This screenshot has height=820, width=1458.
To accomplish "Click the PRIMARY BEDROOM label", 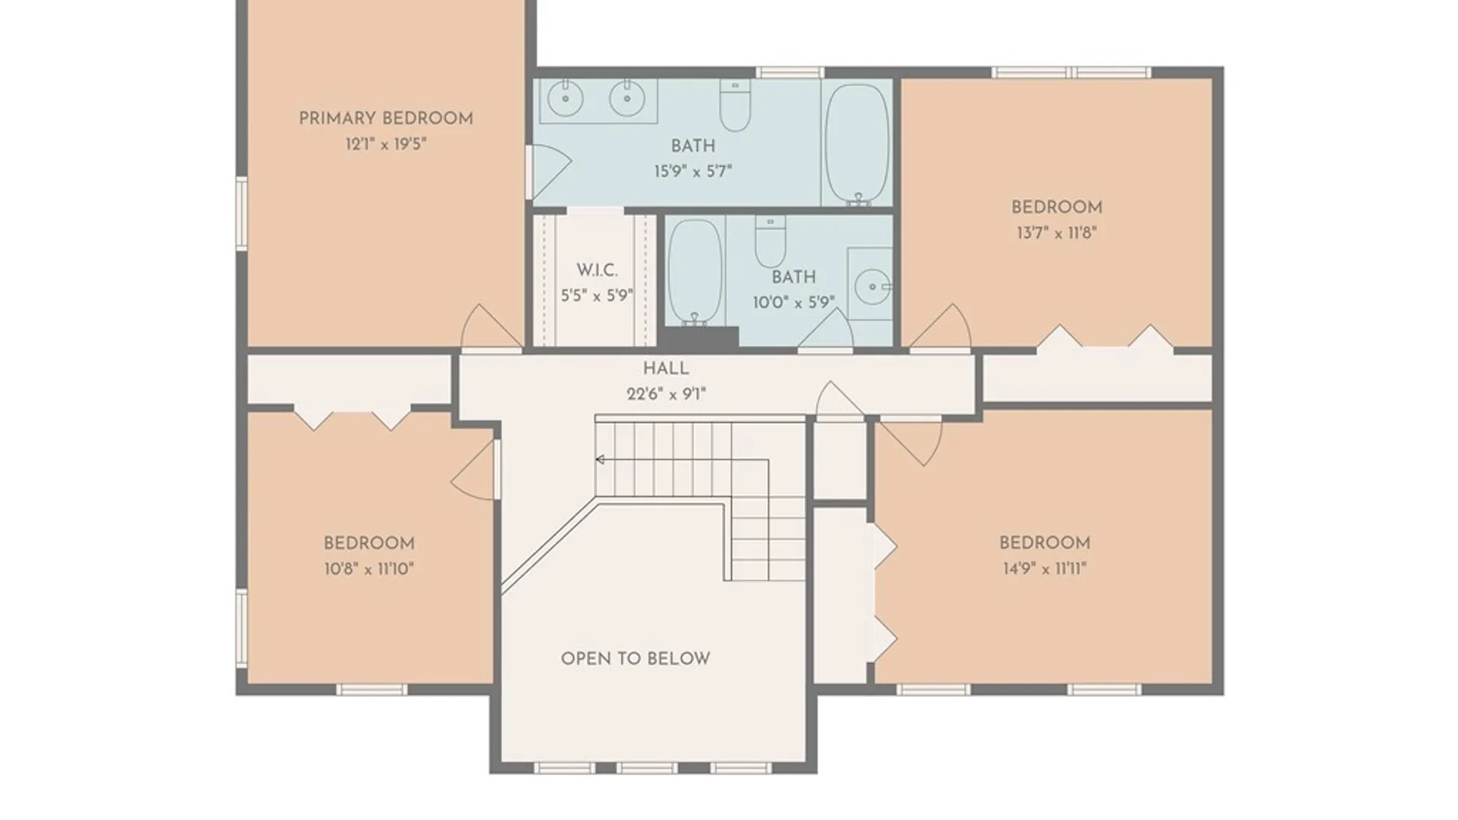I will (x=386, y=118).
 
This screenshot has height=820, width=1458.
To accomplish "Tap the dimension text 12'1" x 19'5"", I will (x=386, y=144).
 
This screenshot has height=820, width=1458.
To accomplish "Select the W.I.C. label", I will (x=597, y=270).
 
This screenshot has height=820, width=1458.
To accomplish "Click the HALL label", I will (x=666, y=369).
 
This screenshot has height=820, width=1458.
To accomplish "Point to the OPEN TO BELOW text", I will (x=636, y=659).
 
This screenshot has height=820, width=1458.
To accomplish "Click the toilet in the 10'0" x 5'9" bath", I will (x=770, y=241).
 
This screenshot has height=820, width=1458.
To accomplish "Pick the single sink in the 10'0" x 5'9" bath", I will (x=873, y=286).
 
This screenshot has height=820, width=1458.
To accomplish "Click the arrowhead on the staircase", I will (x=600, y=459).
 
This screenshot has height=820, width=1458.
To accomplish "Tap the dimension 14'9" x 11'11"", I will (x=1045, y=569).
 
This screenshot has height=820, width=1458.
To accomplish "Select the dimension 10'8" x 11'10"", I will (x=368, y=569).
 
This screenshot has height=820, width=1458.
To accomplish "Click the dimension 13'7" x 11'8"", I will (x=1056, y=233).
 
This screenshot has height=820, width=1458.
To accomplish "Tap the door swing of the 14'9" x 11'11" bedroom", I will (x=914, y=441).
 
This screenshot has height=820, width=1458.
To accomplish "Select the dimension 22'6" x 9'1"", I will (x=666, y=394).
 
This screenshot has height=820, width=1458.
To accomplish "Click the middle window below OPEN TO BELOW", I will (x=646, y=768).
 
